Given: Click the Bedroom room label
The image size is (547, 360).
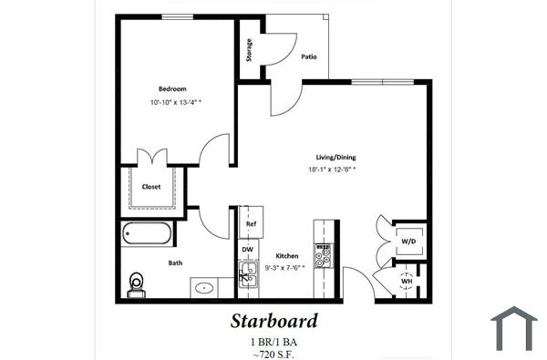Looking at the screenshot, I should pyautogui.click(x=172, y=88).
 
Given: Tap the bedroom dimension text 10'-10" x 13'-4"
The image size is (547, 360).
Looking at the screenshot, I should pyautogui.click(x=176, y=103).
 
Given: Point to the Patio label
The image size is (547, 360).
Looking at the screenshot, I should pyautogui.click(x=309, y=57).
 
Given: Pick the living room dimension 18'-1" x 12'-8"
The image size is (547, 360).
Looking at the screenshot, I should pyautogui.click(x=331, y=170).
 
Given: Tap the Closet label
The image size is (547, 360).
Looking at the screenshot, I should pyautogui.click(x=151, y=187).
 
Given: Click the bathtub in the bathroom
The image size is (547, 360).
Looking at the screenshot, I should pyautogui.click(x=147, y=234).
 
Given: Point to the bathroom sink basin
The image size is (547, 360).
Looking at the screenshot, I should pyautogui.click(x=205, y=288).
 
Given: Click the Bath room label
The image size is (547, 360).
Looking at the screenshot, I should pyautogui.click(x=175, y=263).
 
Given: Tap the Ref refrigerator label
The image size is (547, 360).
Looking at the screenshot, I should pyautogui.click(x=249, y=222).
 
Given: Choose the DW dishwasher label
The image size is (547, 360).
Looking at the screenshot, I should pyautogui.click(x=247, y=248).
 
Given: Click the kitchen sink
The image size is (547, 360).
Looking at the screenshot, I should pyautogui.click(x=248, y=273).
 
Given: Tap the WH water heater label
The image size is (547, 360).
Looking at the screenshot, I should pyautogui.click(x=407, y=281).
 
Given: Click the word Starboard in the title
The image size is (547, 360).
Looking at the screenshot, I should pyautogui.click(x=273, y=321).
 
